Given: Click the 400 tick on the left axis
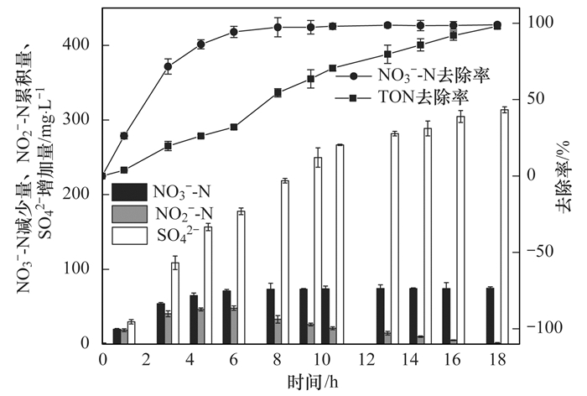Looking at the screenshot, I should (83, 45).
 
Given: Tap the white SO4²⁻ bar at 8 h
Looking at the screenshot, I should (284, 262).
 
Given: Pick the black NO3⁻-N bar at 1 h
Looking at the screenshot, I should (117, 336).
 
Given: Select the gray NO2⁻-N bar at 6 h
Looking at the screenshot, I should (234, 326).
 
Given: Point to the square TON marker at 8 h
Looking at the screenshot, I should (278, 92).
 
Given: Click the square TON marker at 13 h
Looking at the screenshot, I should (387, 54).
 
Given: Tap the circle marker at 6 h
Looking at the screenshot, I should (234, 32).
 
